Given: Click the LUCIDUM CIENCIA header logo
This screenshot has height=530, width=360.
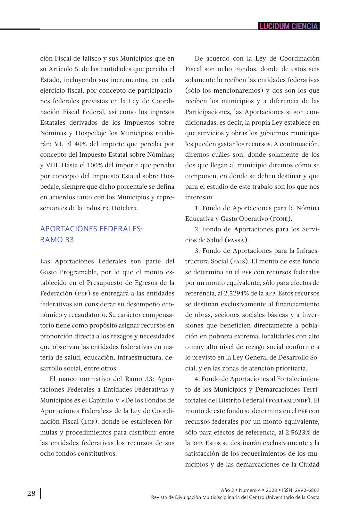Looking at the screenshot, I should [289, 26].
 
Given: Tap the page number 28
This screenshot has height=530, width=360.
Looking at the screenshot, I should [31, 493].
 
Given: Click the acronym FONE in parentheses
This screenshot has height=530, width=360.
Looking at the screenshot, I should [280, 219].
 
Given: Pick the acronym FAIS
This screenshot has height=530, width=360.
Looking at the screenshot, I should [239, 261].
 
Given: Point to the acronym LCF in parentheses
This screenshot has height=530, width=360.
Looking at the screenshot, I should [89, 422].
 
